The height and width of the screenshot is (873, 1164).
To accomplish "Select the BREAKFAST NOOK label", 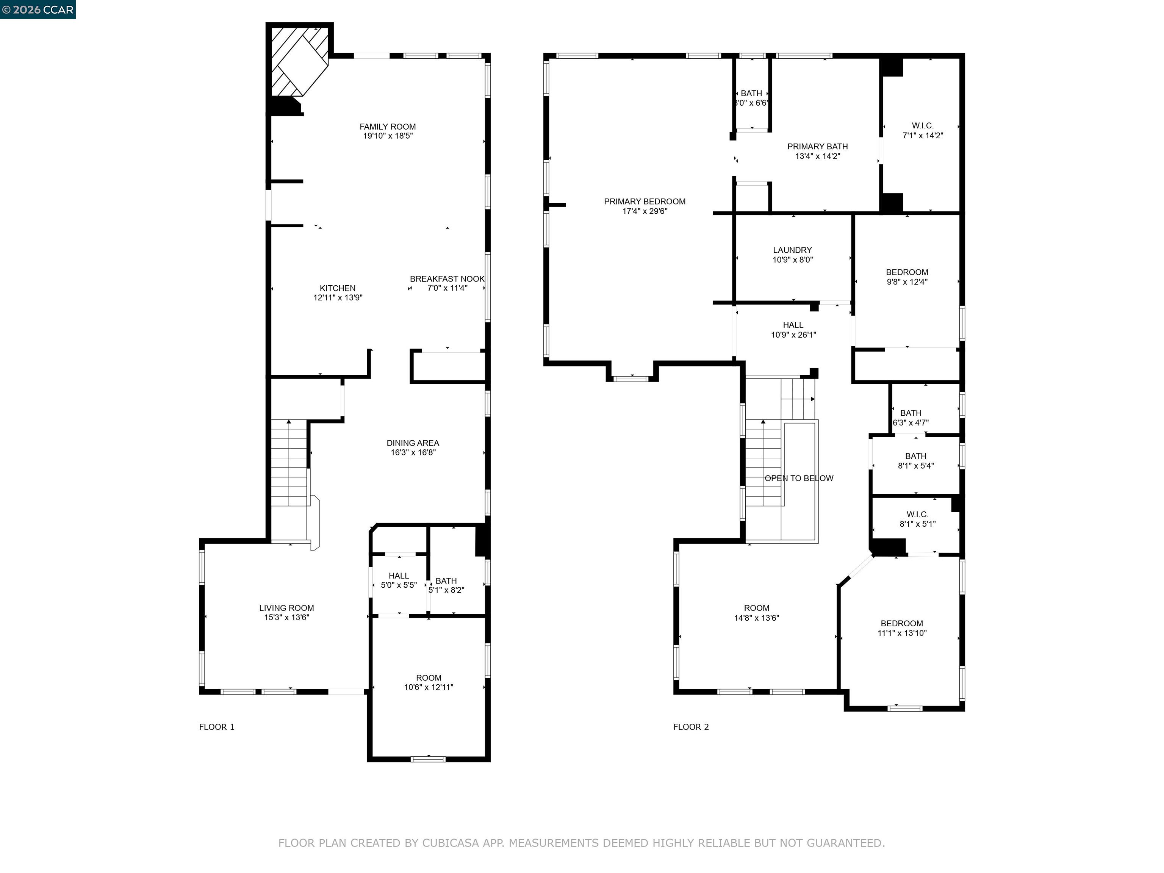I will point(447,279).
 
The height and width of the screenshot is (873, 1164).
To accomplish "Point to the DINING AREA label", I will point(413,443).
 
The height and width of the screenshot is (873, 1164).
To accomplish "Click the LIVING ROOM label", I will point(286,608).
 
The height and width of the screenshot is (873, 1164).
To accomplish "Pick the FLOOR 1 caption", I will point(216,727).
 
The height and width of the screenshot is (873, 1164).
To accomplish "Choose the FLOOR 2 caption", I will point(691,727).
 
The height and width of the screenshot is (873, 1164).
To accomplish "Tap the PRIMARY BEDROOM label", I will point(644,202).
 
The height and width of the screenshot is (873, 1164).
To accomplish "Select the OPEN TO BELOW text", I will point(798,478).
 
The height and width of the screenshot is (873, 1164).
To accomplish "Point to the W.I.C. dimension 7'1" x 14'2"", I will point(923,135).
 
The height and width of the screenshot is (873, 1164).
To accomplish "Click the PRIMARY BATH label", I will point(817,147).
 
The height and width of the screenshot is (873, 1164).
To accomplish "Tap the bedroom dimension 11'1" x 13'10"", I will point(901,633).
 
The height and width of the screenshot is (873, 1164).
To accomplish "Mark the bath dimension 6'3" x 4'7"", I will point(911,422).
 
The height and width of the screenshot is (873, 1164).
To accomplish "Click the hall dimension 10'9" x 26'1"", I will point(793,335).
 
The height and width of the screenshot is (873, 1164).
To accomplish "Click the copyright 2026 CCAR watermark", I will point(38,9).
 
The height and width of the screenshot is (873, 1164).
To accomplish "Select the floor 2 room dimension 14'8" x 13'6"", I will point(756,618).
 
